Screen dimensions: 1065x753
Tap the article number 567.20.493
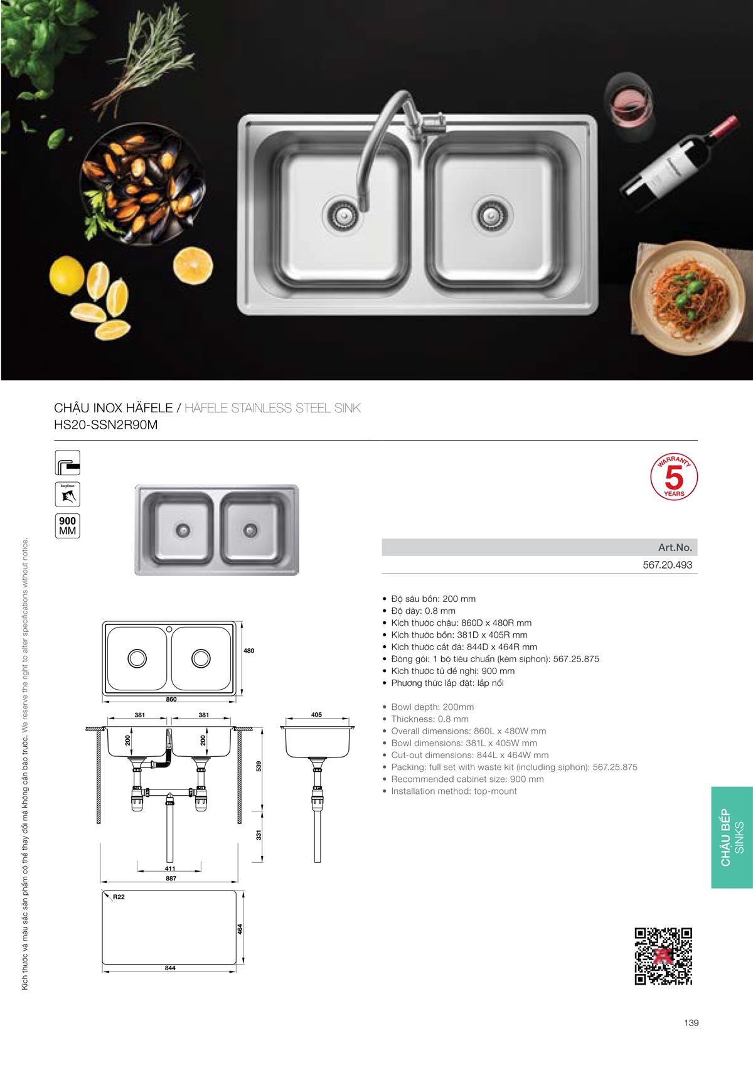[667, 565]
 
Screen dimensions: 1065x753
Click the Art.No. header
[675, 547]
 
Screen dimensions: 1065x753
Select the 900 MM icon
[67, 525]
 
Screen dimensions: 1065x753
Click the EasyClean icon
[68, 495]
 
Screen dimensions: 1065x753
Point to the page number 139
[691, 1022]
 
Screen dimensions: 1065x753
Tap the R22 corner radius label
[119, 897]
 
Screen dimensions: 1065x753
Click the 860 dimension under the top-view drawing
[171, 699]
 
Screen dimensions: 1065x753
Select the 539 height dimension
[258, 766]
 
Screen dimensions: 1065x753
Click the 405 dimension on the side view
[316, 715]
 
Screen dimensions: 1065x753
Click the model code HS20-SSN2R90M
[106, 424]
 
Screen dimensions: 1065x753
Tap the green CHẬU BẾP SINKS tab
[732, 838]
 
